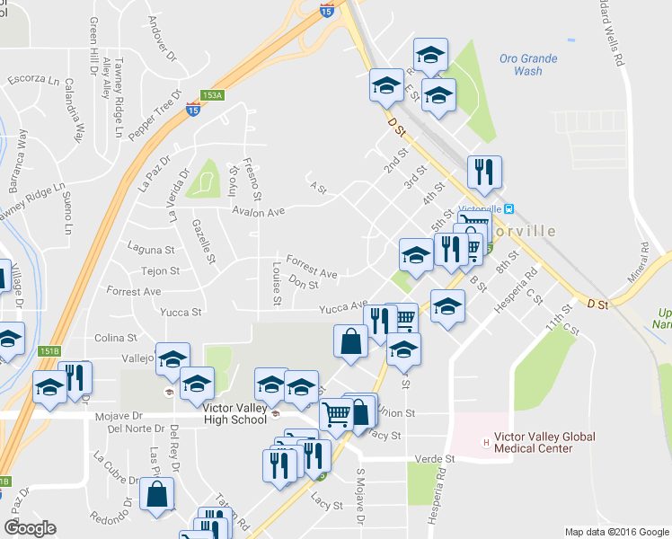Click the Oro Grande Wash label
point(528,65)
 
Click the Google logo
point(30,528)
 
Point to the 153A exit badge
point(211,95)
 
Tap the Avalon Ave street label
point(258,212)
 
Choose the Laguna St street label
point(151,250)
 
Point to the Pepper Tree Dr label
point(155,114)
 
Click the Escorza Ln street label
point(33,78)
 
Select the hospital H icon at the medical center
point(487,442)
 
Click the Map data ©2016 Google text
point(616,531)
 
